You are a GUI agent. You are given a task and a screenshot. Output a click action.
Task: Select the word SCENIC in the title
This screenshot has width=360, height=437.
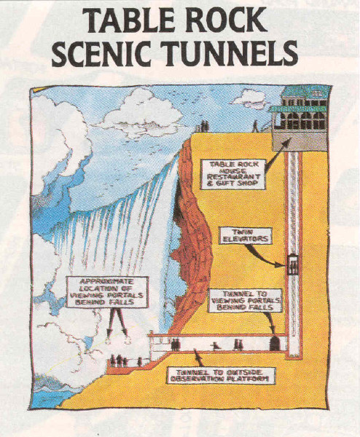coord(102,52)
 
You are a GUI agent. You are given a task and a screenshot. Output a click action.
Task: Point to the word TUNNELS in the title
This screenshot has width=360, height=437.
coord(230,52)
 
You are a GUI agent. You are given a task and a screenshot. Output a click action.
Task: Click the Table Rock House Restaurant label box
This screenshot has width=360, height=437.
coord(233,174)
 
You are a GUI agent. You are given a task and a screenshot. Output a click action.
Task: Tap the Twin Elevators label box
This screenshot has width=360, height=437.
coord(245,235)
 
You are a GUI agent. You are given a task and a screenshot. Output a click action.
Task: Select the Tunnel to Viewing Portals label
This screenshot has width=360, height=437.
coord(246,300)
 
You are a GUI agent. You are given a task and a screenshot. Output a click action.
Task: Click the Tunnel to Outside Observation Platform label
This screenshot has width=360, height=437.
coord(221,376)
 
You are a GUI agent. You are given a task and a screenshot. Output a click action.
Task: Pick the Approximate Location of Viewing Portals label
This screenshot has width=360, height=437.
coord(107,292)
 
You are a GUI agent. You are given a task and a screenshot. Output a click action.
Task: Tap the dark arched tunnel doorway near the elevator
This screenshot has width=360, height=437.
coord(275,343)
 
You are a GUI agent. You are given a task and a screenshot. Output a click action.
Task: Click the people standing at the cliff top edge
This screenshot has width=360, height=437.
coord(205,126)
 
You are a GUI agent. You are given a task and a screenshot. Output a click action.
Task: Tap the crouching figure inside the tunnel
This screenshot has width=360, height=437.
coord(215,346)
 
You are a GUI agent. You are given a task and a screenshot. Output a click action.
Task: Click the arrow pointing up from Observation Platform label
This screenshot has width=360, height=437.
coord(197,358)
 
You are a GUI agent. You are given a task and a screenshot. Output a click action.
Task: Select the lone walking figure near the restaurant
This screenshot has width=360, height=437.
coord(256,126)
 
